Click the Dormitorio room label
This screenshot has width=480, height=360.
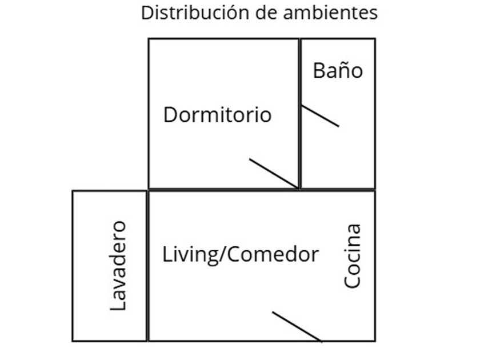[x=217, y=115]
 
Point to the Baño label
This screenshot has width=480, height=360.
[x=338, y=71]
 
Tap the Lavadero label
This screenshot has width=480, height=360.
[x=118, y=266]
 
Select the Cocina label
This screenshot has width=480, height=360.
[x=353, y=255]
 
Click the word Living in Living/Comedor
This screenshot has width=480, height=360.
[x=182, y=254]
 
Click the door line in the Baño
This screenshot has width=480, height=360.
[x=320, y=116]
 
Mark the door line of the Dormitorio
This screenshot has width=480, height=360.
[x=274, y=173]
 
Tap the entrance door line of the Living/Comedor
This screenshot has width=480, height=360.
[x=297, y=327]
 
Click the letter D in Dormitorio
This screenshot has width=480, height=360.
[x=170, y=115]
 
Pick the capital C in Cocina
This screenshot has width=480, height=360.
[x=353, y=281]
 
